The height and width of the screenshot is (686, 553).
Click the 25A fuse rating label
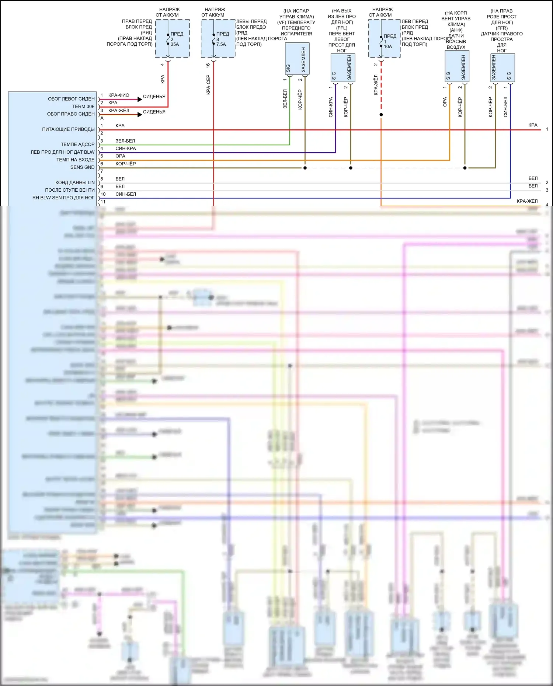pos(174,44)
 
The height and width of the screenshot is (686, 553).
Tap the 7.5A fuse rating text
pos(221,44)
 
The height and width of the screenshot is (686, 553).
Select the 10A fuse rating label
pos(388,46)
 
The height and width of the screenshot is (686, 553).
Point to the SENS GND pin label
pos(82,167)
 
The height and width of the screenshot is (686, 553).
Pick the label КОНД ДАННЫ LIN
pos(75,182)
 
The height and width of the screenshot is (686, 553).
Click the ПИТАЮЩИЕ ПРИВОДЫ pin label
pos(68,129)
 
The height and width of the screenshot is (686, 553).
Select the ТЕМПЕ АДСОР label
pos(77,144)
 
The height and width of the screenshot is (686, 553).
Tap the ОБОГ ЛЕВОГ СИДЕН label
pos(71,99)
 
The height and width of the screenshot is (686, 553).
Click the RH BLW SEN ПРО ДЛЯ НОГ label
pos(63,198)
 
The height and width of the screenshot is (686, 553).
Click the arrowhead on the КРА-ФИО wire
pos(140,99)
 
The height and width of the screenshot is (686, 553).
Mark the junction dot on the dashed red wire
pos(381,115)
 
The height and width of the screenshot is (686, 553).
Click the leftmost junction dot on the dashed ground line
pos(305,168)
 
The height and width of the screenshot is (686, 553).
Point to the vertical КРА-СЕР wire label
pos(208,85)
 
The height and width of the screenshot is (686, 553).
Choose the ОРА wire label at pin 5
pos(120,156)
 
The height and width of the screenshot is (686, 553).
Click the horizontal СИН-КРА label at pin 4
pos(125,149)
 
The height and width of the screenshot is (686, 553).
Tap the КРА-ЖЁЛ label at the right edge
pos(527,201)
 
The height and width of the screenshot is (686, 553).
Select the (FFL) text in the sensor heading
pos(342,28)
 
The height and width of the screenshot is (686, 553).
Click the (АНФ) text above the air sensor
pos(456,30)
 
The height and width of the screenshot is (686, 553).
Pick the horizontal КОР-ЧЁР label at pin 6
pos(125,164)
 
